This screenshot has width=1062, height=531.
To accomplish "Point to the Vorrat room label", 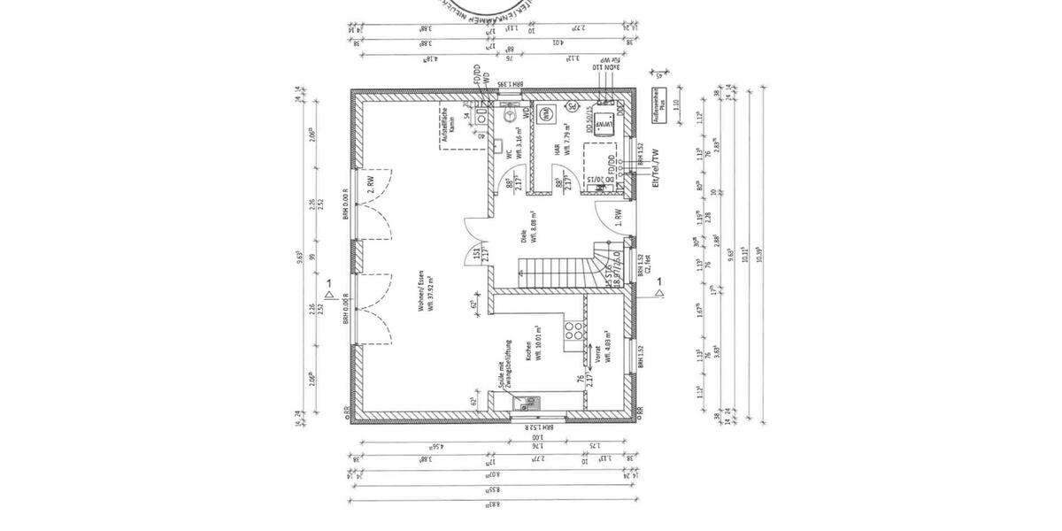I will click(x=598, y=355).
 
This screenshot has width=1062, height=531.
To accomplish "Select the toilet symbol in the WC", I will click(x=511, y=115).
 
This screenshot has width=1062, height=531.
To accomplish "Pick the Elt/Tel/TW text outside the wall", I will click(x=656, y=168).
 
